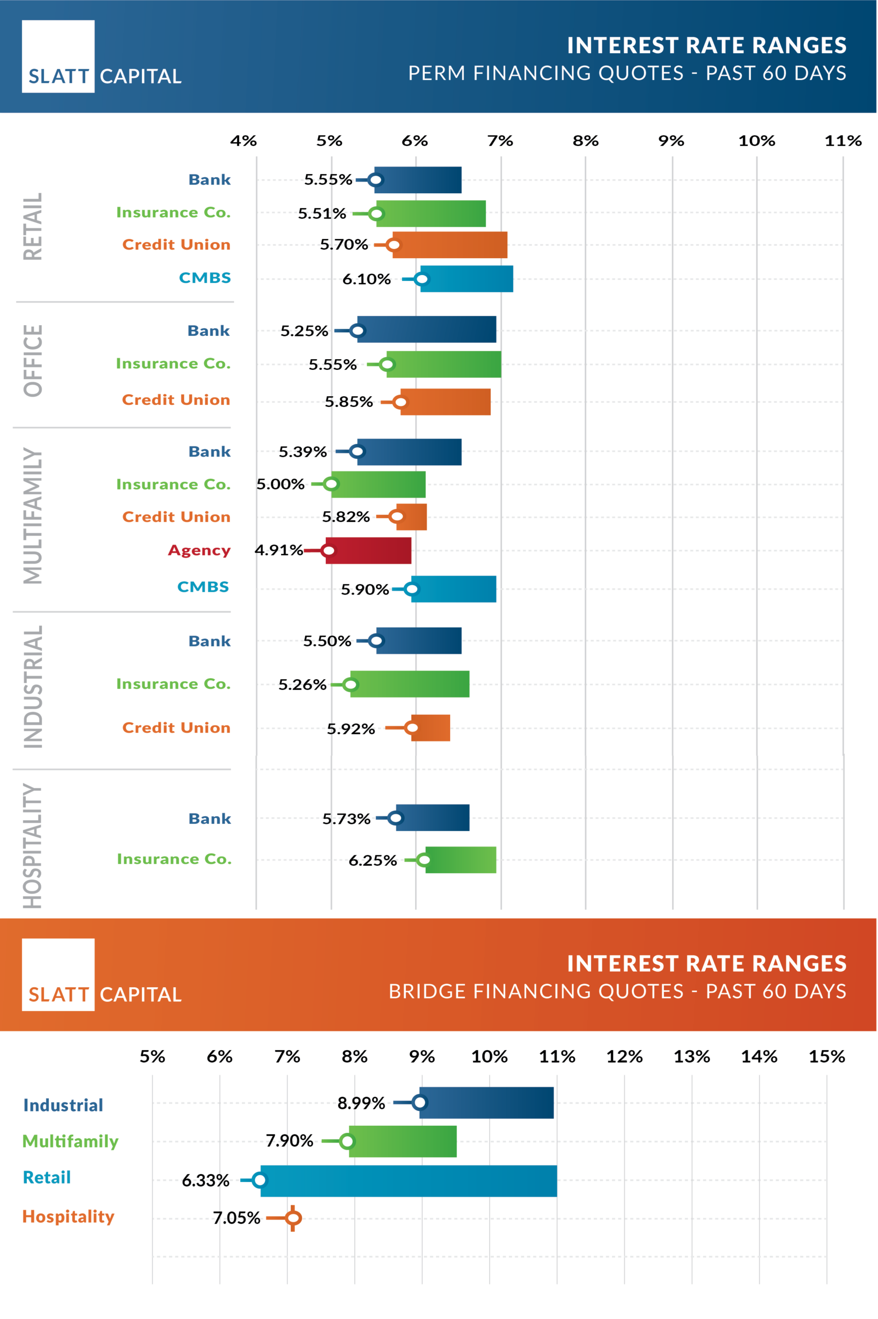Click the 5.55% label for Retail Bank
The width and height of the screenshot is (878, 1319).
point(327,180)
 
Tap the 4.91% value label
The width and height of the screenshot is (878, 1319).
point(278,550)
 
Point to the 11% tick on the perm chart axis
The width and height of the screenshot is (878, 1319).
point(843,141)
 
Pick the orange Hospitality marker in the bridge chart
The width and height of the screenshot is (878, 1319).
point(293,1217)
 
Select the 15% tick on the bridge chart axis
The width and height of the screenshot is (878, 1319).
point(826,1057)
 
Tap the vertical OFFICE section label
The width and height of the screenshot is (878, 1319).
point(33,361)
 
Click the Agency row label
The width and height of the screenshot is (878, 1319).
point(200,551)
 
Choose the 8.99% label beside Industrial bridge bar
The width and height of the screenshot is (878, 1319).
point(361,1103)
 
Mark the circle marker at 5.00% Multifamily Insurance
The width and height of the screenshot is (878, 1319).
point(331,483)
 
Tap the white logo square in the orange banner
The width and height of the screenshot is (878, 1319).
point(58,974)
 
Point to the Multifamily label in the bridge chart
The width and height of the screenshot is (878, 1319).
point(71,1141)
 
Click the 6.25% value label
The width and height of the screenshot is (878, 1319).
point(372,860)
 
